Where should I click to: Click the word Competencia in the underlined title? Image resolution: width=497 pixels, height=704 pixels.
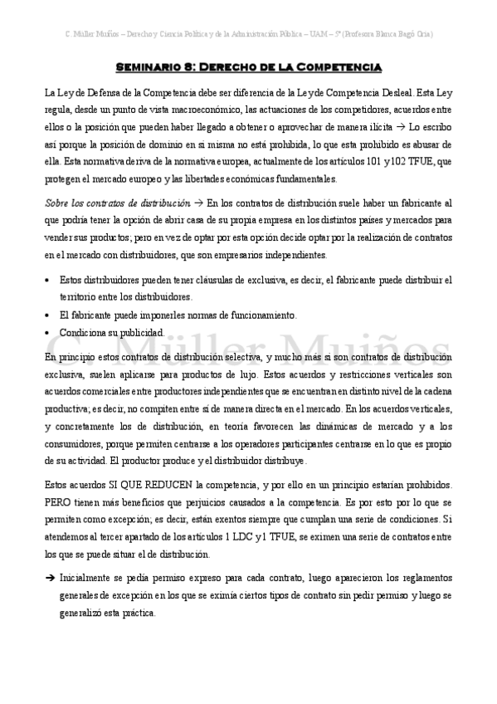pyautogui.click(x=340, y=66)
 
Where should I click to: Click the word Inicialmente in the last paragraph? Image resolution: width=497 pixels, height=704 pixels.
pyautogui.click(x=90, y=578)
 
